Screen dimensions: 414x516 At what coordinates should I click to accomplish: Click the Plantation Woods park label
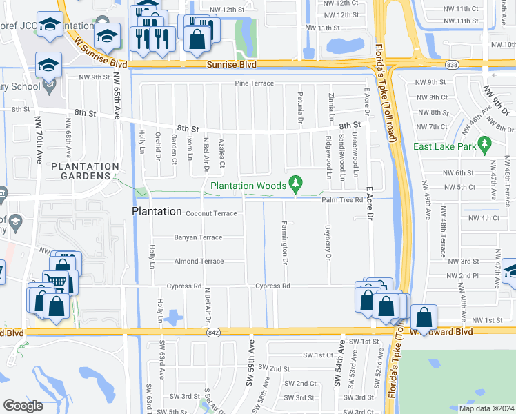click(x=248, y=186)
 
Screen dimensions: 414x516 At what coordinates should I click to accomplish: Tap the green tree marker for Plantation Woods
click(x=296, y=184)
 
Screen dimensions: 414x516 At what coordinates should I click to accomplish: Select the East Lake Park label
click(x=443, y=146)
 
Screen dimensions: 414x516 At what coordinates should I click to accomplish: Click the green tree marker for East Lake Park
click(x=484, y=145)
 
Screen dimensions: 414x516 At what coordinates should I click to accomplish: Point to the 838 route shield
click(x=452, y=64)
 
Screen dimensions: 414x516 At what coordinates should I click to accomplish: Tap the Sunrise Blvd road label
click(x=232, y=64)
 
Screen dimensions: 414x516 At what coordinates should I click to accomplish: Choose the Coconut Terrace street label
click(x=211, y=213)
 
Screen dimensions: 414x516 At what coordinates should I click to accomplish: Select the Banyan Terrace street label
click(x=197, y=237)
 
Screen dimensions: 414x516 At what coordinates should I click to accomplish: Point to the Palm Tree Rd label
click(x=342, y=200)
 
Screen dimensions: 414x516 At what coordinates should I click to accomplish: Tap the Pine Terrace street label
click(x=255, y=83)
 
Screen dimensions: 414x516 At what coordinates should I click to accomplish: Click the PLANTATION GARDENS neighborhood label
click(x=85, y=171)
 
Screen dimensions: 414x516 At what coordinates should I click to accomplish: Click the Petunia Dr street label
click(x=301, y=108)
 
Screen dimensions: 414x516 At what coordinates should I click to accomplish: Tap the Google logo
click(x=23, y=406)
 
